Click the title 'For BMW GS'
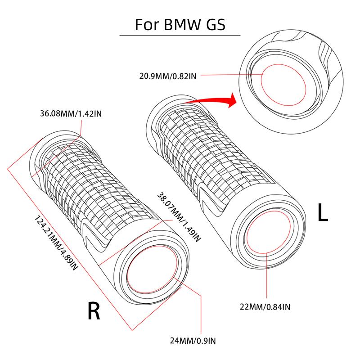[x=180, y=24]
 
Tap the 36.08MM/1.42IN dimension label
[x=71, y=114]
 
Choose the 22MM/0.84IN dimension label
[x=265, y=307]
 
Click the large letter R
[x=93, y=310]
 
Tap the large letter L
[x=323, y=213]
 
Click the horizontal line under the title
[x=180, y=35]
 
